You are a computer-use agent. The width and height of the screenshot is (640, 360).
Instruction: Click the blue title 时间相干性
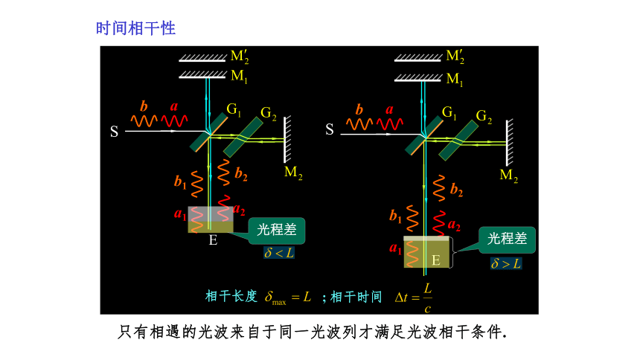135,28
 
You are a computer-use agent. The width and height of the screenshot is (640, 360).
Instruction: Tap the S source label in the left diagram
115,132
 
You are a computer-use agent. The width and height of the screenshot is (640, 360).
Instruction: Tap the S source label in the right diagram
330,129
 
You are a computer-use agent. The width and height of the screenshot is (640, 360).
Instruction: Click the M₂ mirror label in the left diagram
293,173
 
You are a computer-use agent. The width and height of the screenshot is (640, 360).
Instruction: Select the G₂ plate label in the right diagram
484,116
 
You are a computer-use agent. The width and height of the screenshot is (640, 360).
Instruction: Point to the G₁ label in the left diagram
234,110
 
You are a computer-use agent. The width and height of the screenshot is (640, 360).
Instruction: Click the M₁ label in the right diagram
455,79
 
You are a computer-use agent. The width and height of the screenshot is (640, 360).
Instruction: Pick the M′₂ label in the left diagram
240,57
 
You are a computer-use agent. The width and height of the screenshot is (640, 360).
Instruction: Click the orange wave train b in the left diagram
144,120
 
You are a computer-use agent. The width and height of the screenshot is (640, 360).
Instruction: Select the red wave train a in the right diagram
390,123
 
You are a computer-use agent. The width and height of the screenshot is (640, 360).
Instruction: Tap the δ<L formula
279,253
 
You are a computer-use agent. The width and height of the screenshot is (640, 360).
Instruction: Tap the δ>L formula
506,263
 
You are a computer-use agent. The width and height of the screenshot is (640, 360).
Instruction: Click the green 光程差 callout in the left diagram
277,230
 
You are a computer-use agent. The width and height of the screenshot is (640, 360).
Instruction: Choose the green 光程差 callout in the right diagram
507,240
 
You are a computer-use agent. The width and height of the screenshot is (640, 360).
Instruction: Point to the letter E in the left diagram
213,240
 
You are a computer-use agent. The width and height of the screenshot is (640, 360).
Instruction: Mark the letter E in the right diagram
436,260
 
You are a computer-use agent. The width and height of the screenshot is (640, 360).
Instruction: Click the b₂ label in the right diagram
457,190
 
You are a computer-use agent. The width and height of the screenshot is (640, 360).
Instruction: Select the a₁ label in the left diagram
180,213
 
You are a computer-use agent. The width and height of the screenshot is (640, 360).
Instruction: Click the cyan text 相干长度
231,296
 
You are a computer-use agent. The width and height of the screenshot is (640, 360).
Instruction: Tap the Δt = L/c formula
414,298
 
